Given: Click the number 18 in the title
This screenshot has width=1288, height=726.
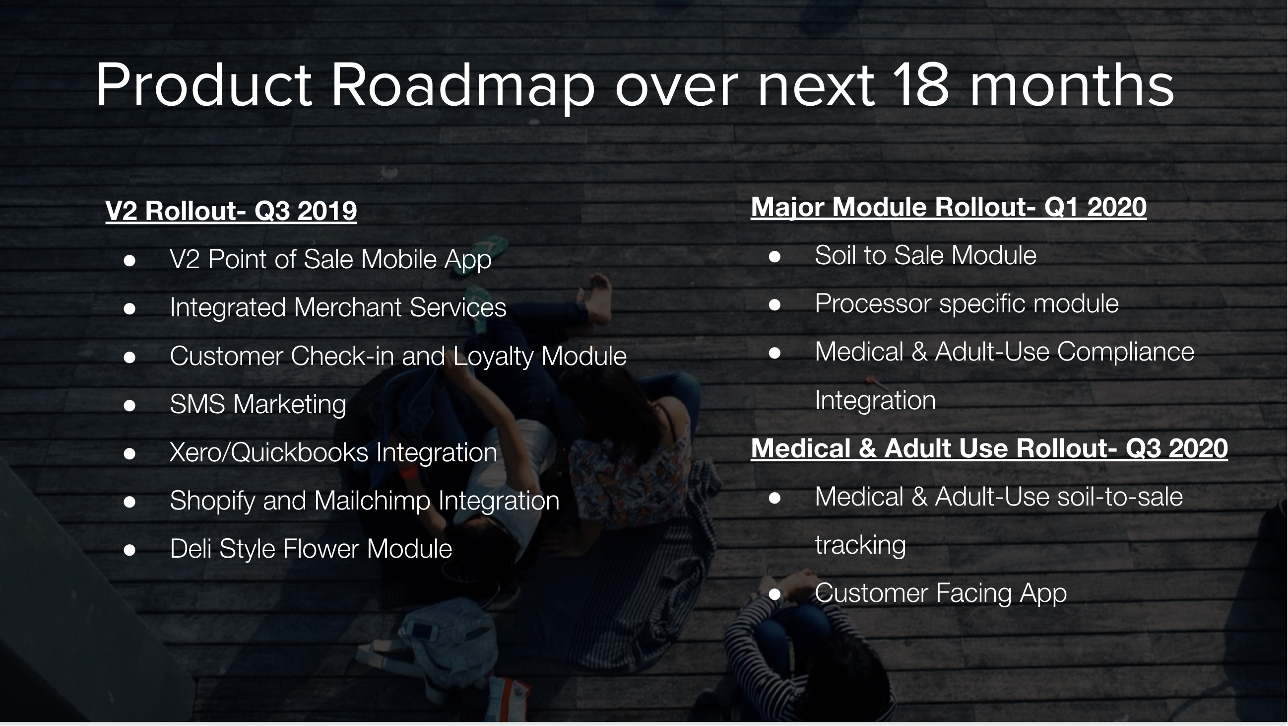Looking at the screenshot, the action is (921, 85).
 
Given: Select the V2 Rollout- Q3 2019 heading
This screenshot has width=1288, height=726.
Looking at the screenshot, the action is (231, 211).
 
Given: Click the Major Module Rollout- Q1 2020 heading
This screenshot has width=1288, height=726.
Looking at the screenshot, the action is (949, 207).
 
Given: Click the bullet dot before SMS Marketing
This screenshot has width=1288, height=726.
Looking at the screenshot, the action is (129, 405).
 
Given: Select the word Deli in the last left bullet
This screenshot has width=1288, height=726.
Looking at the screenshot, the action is (191, 549).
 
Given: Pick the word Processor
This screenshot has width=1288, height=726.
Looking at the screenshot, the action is (873, 304).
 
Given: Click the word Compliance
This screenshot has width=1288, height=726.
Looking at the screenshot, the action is (1125, 352).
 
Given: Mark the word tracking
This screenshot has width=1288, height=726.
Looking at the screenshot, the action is (860, 545).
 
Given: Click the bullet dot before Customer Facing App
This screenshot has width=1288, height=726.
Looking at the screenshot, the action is (774, 594).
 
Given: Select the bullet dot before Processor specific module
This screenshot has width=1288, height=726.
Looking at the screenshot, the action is (774, 304).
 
